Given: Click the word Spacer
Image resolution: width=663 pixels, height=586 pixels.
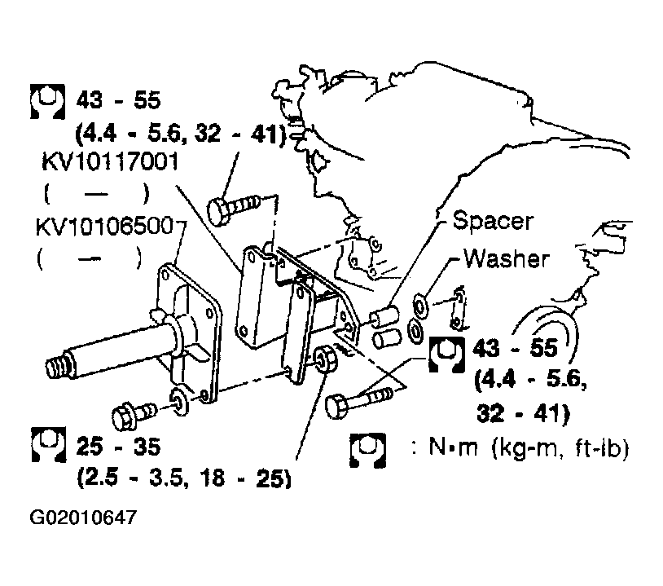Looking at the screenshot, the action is point(493,221).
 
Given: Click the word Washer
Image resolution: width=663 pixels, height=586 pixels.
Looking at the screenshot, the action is point(507,258).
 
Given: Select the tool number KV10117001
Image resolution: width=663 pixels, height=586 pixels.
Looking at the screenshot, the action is point(110,161).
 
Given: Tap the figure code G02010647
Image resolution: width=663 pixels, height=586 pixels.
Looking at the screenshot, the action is point(83,518).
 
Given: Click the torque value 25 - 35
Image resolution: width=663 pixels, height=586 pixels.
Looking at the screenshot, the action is point(118,447).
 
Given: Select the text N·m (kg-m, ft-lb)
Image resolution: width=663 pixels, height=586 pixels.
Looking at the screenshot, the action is point(529,447).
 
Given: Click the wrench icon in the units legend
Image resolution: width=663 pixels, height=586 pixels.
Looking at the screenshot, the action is point(367,450).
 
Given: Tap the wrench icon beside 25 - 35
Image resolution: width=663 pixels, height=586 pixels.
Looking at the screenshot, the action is point(49,444).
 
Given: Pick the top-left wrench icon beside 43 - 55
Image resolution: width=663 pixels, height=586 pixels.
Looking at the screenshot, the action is point(47,102).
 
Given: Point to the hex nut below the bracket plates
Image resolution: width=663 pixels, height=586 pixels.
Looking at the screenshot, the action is point(326,359).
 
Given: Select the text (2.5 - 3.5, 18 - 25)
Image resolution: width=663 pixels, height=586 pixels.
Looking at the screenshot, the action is point(184,478).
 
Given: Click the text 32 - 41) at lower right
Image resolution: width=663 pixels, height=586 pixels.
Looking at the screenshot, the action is point(524,412).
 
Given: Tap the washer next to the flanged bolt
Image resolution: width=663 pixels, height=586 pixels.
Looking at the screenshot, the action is point(180,401).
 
